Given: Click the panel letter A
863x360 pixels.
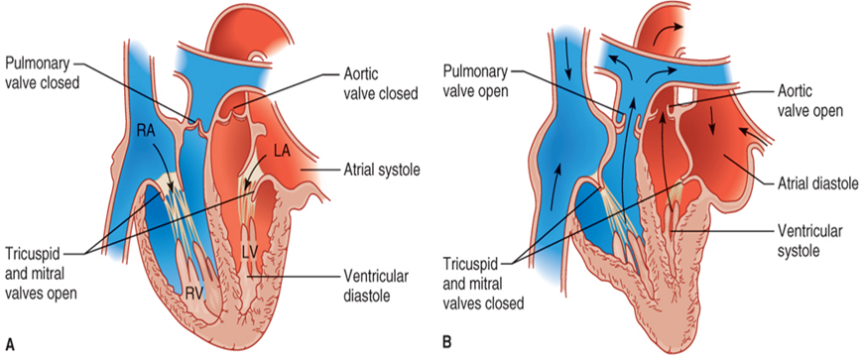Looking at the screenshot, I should pos(10,344).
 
